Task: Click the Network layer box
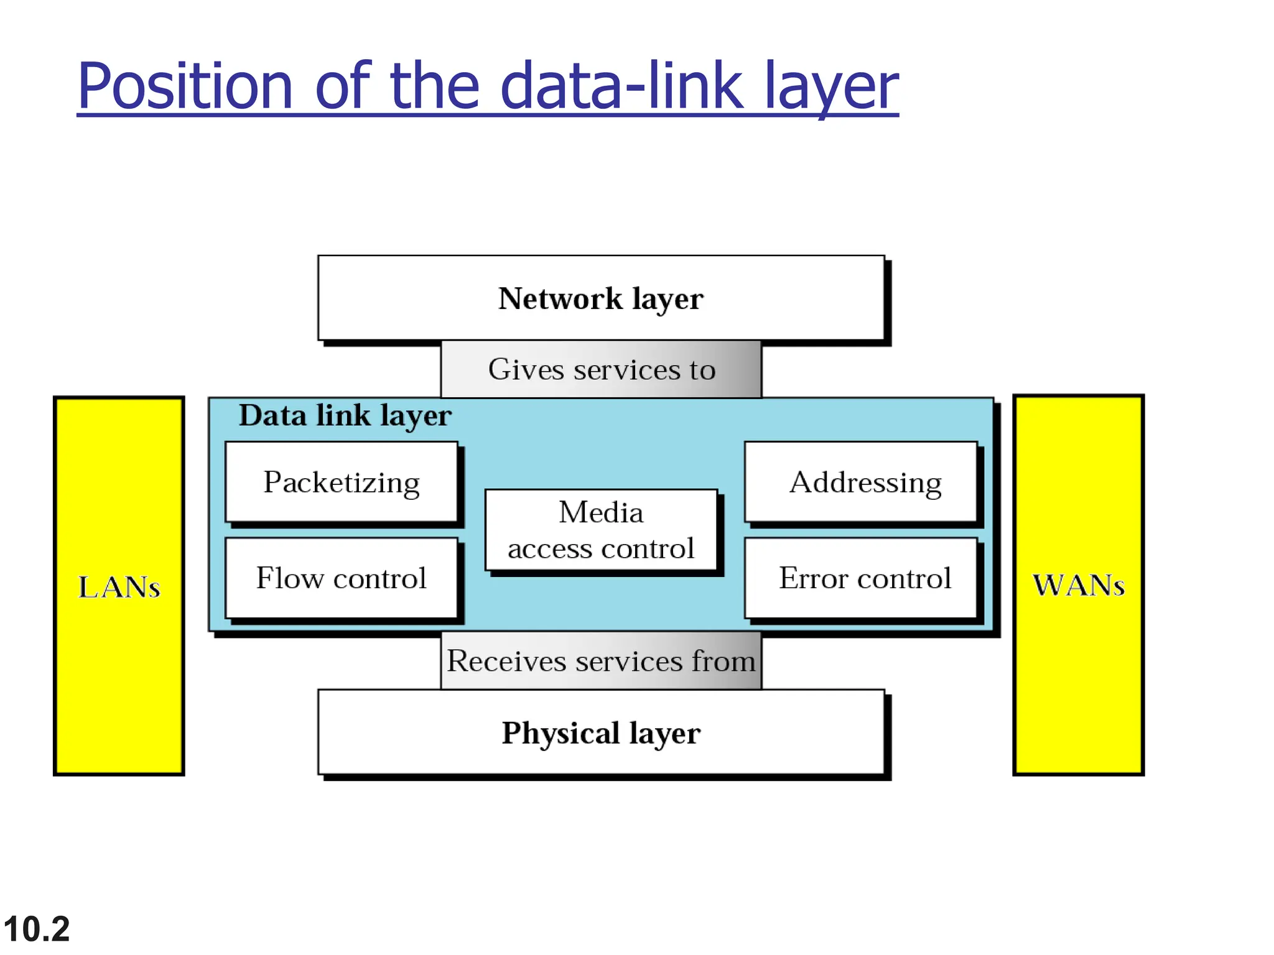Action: [x=601, y=298]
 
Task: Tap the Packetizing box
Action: [x=342, y=482]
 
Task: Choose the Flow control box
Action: [x=342, y=578]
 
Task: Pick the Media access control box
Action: [x=601, y=530]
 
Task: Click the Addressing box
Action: [x=861, y=482]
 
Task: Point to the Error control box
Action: [x=861, y=578]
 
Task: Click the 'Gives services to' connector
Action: [x=601, y=369]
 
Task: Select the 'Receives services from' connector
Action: [x=601, y=660]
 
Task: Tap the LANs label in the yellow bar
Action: [x=119, y=587]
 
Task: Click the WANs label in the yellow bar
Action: [x=1079, y=585]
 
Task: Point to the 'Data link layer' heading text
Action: [x=345, y=415]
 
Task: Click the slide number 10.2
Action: [x=36, y=929]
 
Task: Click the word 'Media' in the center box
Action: [x=601, y=512]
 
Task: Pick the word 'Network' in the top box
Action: [x=560, y=298]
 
